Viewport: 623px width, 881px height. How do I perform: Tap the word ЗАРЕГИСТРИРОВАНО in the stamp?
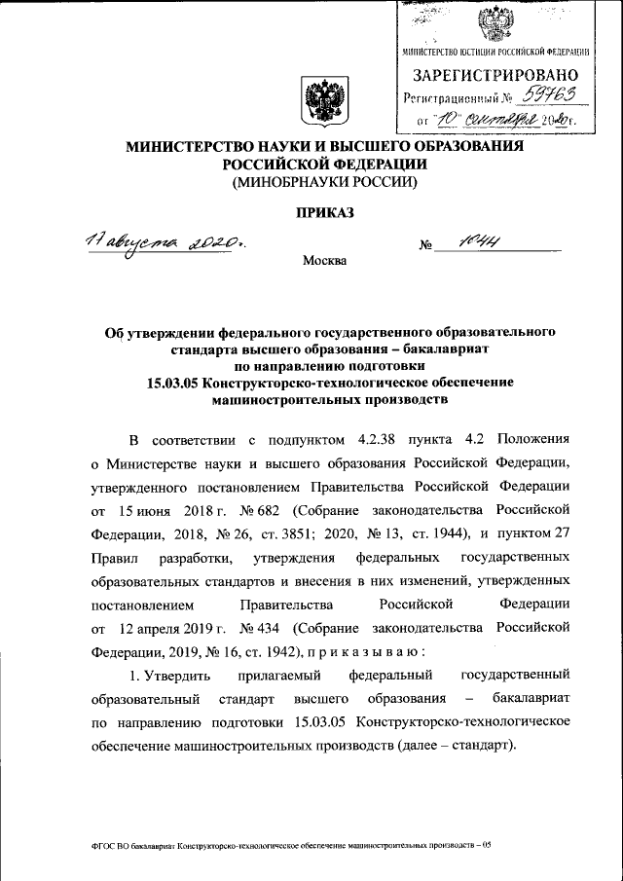[496, 75]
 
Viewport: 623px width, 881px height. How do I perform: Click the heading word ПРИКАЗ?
[322, 213]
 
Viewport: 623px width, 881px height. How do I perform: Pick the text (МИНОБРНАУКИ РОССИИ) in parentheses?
[322, 182]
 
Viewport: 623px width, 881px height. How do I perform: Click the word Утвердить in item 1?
[177, 674]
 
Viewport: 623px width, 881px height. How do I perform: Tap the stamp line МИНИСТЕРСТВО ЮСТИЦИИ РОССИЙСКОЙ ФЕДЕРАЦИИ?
[495, 51]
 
